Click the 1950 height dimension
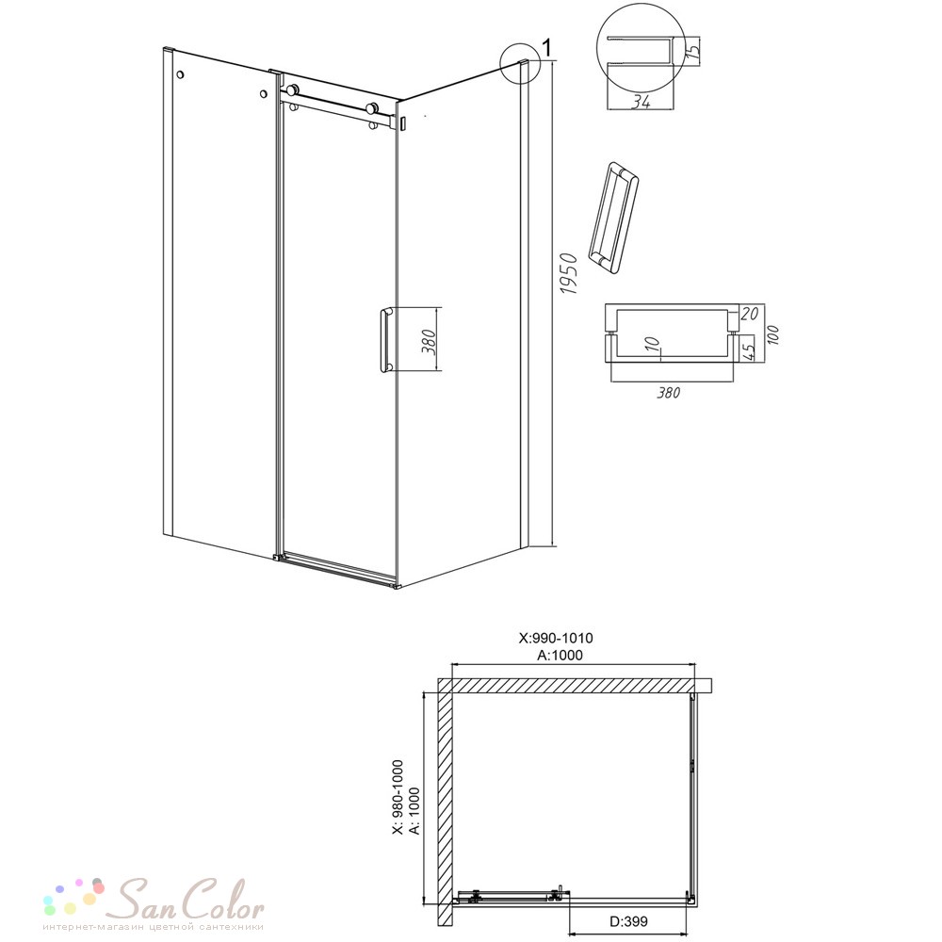click(568, 273)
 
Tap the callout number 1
click(546, 46)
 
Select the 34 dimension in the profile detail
click(641, 102)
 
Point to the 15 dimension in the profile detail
click(692, 47)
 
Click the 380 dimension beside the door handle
click(429, 341)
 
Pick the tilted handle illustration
click(613, 218)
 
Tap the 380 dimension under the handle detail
click(668, 393)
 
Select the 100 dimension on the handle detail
click(772, 334)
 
